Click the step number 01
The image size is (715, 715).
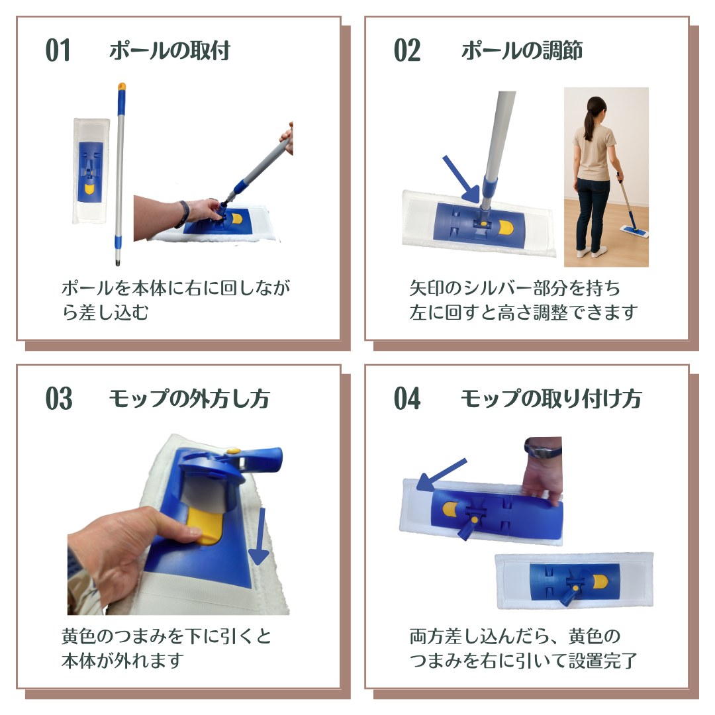[x=58, y=50]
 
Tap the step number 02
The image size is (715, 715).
[x=407, y=50]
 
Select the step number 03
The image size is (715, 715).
[x=59, y=399]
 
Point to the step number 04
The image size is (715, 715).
[x=407, y=399]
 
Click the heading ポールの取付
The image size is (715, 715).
[x=169, y=50]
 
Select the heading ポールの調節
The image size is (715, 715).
[x=522, y=50]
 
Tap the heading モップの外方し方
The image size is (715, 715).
[x=189, y=399]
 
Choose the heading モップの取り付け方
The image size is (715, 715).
[x=551, y=399]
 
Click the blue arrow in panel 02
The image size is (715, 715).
[x=462, y=179]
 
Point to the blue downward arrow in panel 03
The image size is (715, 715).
[x=260, y=536]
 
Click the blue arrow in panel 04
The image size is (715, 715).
[x=442, y=475]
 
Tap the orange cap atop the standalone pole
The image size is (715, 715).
[x=122, y=86]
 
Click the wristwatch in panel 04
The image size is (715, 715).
[x=544, y=451]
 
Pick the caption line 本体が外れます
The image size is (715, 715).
[x=123, y=660]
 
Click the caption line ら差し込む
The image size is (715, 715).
[x=105, y=312]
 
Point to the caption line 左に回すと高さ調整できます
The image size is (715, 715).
[x=524, y=312]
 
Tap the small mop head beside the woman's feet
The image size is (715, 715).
[x=634, y=231]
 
